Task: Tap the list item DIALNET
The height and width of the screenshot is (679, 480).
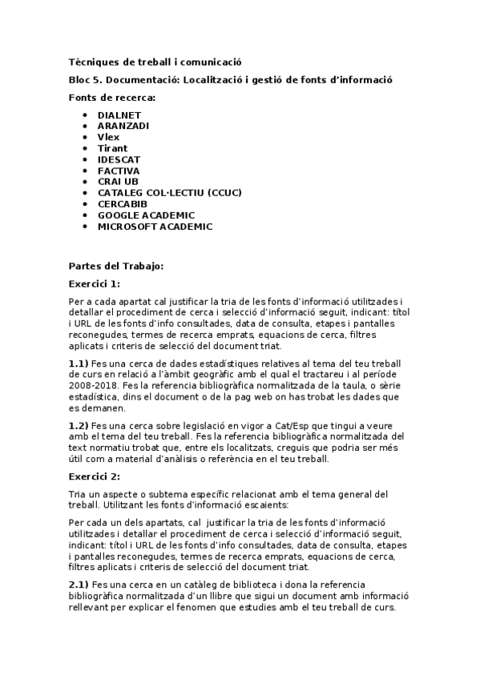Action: click(119, 115)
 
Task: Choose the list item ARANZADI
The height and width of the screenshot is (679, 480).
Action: click(123, 126)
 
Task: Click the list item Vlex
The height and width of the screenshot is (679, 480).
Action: click(108, 137)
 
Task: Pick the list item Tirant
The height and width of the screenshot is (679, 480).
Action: click(112, 148)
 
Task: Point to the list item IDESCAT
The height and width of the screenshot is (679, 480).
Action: click(119, 159)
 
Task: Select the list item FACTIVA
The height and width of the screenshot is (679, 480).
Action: click(119, 171)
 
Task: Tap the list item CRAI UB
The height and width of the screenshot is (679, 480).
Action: click(118, 182)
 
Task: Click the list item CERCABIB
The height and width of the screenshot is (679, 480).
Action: click(122, 204)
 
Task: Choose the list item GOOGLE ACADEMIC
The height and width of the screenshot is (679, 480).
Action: click(146, 215)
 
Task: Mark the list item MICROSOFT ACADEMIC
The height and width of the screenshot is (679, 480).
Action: click(155, 227)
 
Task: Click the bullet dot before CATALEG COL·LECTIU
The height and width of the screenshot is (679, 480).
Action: click(85, 193)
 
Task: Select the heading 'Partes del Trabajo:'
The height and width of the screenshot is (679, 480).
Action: click(115, 266)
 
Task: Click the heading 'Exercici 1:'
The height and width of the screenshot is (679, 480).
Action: click(95, 283)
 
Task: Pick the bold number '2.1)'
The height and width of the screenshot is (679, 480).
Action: click(79, 585)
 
